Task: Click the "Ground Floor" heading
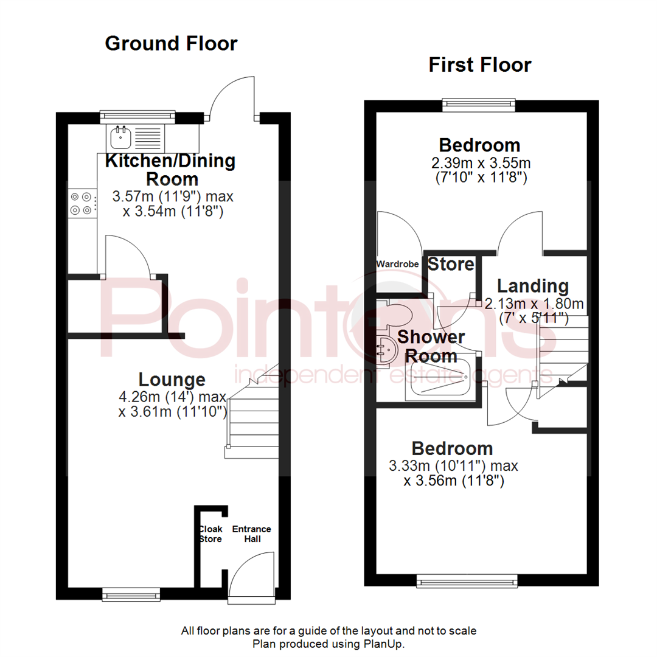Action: pos(171,44)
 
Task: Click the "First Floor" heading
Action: pos(479,64)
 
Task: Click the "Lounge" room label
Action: pos(172,380)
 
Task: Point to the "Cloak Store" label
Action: pos(210,534)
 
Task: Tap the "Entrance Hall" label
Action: pos(251,534)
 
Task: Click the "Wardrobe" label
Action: pos(397,264)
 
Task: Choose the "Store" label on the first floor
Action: pos(451,265)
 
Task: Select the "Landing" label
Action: pos(532,286)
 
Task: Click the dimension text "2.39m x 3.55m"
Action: pos(480,163)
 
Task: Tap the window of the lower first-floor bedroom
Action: pos(467,581)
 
